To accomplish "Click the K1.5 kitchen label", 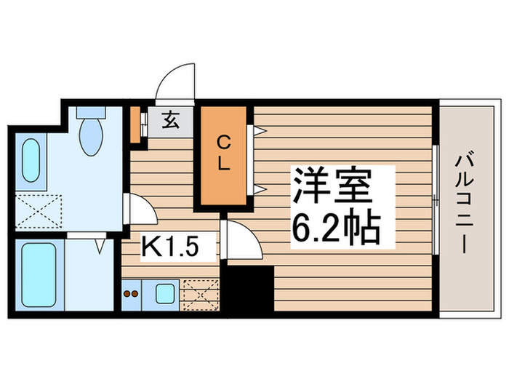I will point(169,247).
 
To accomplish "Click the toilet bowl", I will point(92,132).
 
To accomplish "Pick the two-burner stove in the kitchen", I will point(132,294).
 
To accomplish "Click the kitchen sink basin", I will point(165,294).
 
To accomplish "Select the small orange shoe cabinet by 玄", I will point(135,124).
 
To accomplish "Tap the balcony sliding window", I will point(436,199).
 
